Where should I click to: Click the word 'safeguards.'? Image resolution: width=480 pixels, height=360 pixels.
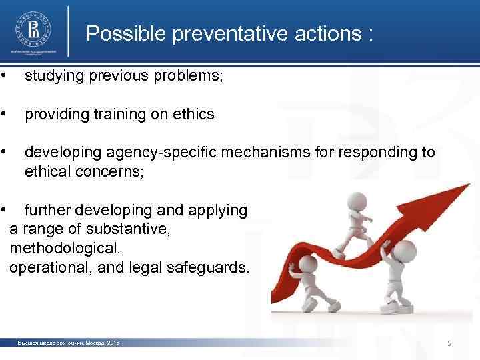[211, 268]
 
